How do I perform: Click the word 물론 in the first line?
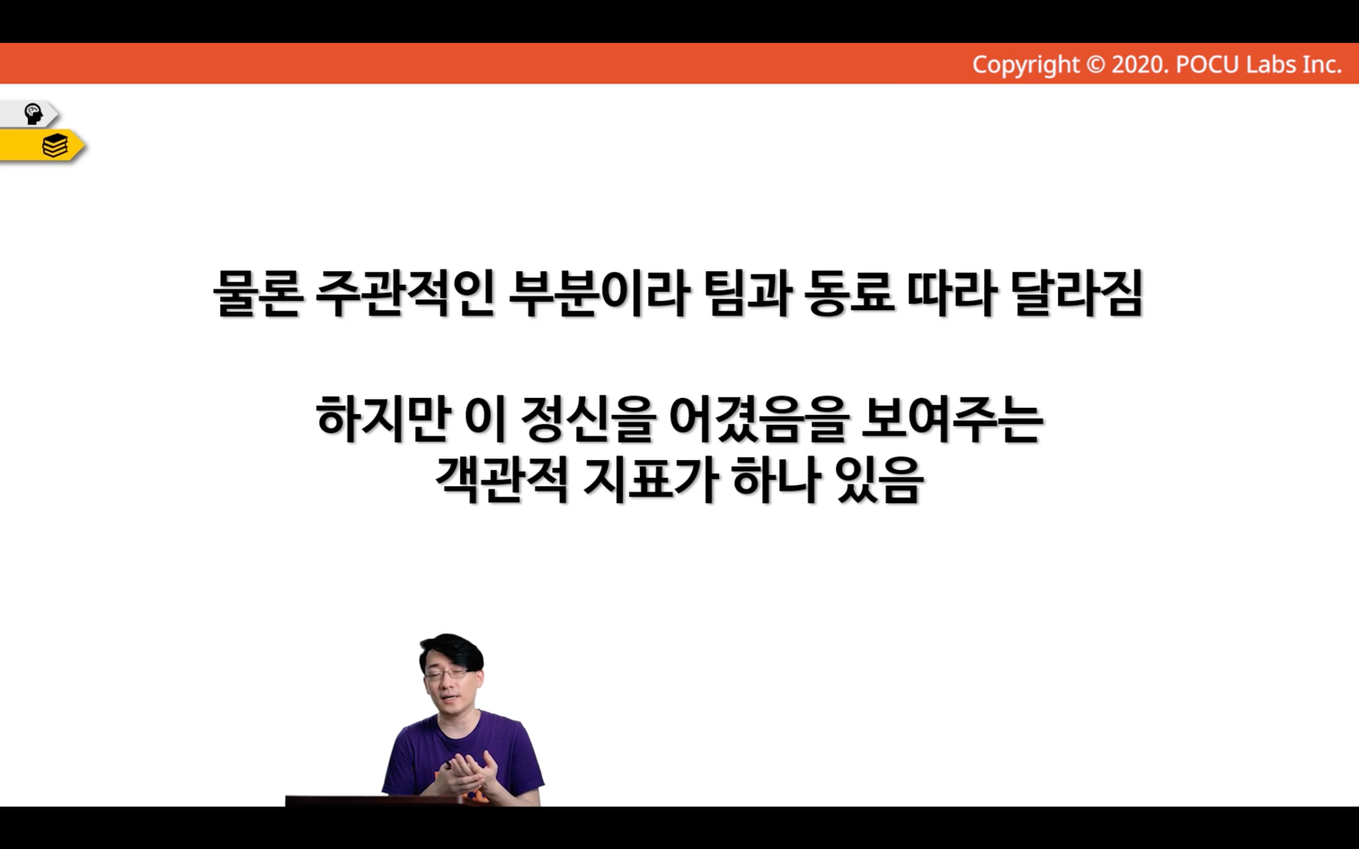click(x=258, y=294)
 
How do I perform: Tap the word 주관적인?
click(x=404, y=294)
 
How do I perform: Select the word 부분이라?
click(x=599, y=294)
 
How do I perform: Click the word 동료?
click(x=848, y=294)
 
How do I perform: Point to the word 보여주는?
click(x=951, y=419)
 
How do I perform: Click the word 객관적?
click(x=502, y=480)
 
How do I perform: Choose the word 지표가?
click(x=650, y=480)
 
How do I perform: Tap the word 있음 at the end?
click(x=879, y=480)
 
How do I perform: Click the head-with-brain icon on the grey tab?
click(x=33, y=114)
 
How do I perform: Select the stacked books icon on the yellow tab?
click(x=55, y=146)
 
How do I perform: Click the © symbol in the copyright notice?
click(x=1095, y=65)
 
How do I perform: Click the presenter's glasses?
click(x=447, y=673)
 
